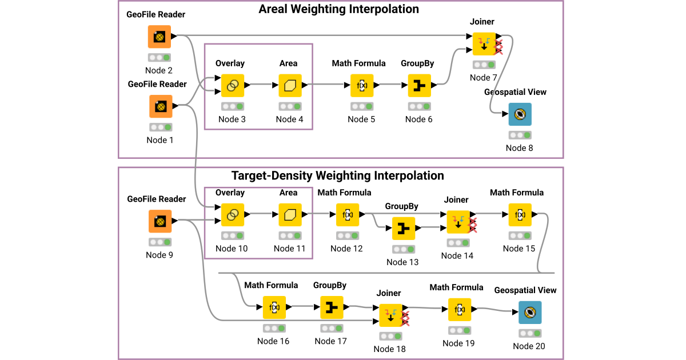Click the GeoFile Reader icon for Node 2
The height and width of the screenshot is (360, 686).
click(x=159, y=37)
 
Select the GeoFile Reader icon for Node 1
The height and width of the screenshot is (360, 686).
click(x=161, y=106)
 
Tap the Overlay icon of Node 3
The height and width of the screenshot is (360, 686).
click(x=233, y=86)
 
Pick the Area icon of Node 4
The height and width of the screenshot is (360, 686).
click(x=290, y=86)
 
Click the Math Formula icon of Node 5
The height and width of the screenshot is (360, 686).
click(x=362, y=86)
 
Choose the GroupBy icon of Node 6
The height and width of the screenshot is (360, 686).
click(x=419, y=86)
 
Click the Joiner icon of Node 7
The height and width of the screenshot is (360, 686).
click(x=484, y=44)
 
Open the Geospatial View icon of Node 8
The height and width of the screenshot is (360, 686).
click(x=520, y=114)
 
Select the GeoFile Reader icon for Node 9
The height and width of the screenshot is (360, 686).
click(x=160, y=221)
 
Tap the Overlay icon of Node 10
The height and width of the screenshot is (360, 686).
click(x=233, y=215)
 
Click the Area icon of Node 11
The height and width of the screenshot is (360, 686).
click(x=290, y=215)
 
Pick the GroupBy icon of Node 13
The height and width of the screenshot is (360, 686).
click(x=403, y=229)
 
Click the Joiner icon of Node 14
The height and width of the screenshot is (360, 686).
click(x=458, y=222)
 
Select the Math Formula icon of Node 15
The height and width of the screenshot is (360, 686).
click(x=520, y=215)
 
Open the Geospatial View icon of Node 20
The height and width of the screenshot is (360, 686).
click(x=530, y=312)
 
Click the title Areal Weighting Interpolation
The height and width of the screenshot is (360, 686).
click(x=339, y=9)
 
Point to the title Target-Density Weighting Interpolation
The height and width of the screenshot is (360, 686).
click(x=337, y=175)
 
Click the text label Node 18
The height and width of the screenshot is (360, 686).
click(x=389, y=349)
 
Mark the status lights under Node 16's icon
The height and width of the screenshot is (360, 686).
click(x=274, y=329)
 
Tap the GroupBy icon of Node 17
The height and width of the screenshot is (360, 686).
click(x=332, y=307)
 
